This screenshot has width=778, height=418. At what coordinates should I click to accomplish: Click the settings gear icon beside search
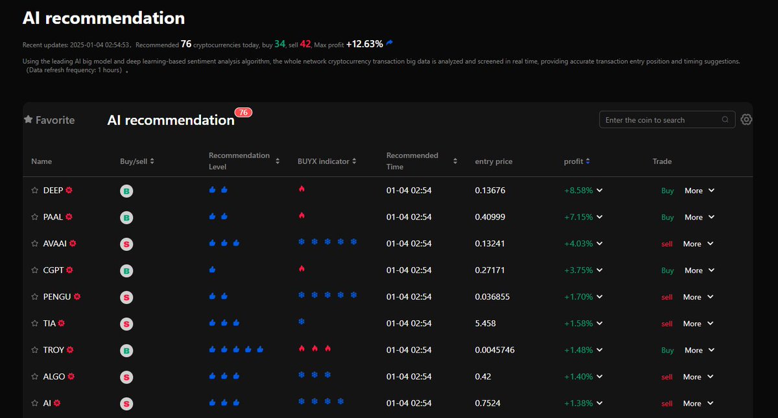pos(746,120)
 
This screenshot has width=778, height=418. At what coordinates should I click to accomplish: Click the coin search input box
pos(661,120)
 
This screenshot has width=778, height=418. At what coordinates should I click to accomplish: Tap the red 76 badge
pos(243,112)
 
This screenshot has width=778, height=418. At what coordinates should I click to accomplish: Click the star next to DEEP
pos(35,191)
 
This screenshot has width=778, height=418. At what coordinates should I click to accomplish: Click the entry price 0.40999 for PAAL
pos(490,217)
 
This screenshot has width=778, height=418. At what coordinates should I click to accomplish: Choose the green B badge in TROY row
pos(127,351)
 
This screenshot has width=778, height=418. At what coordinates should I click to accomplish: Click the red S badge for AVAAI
pos(127,244)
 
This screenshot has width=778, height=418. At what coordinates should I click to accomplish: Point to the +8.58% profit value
pos(578,191)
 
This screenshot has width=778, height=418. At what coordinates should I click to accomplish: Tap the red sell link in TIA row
pos(666,323)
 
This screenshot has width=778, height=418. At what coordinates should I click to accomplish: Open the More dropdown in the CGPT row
pos(699,270)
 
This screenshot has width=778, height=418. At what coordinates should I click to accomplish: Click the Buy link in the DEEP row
pos(667,191)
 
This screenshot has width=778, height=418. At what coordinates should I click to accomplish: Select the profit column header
pos(574,161)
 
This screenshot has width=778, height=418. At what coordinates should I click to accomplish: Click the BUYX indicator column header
pos(323,161)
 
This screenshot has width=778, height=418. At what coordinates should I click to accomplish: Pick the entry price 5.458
pos(486,323)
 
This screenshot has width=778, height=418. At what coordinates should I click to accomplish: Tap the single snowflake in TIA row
pos(301,321)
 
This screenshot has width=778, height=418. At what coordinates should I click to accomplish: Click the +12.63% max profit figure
pos(364,44)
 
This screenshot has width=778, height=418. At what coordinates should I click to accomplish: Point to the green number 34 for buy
pos(279,44)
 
